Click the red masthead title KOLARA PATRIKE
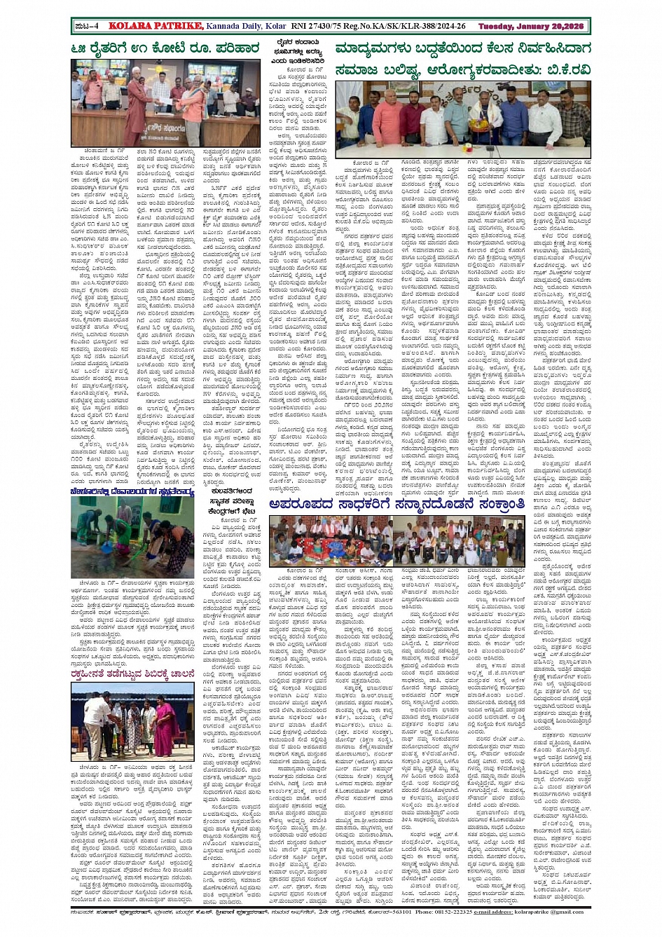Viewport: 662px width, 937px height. (x=145, y=27)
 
